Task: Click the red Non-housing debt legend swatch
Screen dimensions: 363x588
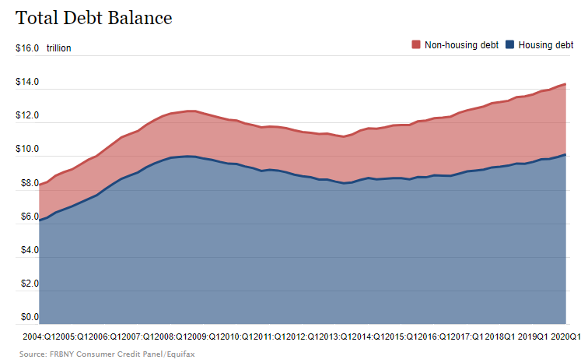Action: pyautogui.click(x=416, y=45)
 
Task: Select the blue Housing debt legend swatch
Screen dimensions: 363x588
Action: pyautogui.click(x=510, y=45)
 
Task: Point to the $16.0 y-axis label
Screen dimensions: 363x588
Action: pyautogui.click(x=27, y=48)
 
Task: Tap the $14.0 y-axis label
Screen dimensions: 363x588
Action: pyautogui.click(x=27, y=82)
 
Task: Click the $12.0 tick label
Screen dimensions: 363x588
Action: pyautogui.click(x=27, y=115)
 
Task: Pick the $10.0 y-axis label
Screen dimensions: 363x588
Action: pyautogui.click(x=27, y=149)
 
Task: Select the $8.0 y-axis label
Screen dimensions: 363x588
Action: pyautogui.click(x=27, y=183)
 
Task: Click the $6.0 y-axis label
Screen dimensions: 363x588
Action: pyautogui.click(x=27, y=217)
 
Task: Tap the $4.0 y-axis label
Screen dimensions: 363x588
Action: pyautogui.click(x=27, y=250)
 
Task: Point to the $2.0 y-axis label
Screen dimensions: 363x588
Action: pyautogui.click(x=27, y=284)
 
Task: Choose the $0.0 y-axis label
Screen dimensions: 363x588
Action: pyautogui.click(x=27, y=317)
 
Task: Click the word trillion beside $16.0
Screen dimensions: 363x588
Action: pyautogui.click(x=58, y=48)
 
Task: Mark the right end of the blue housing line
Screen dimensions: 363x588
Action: pyautogui.click(x=565, y=154)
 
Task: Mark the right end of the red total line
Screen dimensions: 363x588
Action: pyautogui.click(x=565, y=83)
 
